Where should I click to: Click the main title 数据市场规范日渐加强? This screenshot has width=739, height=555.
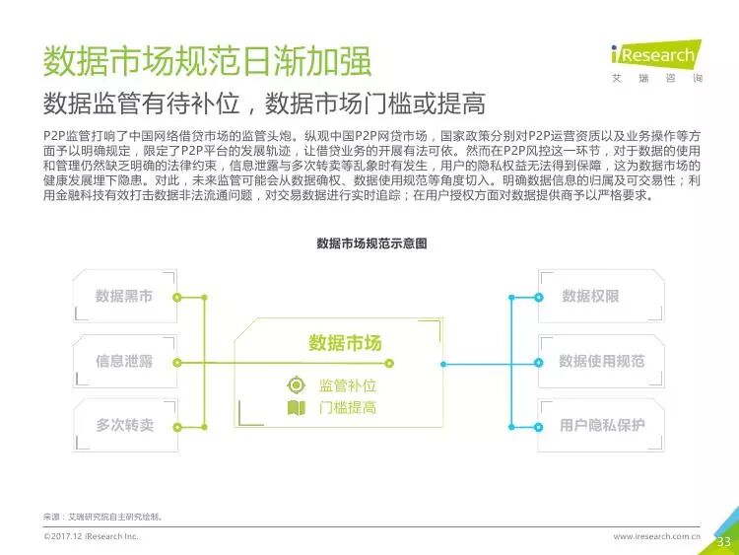[207, 60]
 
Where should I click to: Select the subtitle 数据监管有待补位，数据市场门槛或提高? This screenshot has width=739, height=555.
[264, 104]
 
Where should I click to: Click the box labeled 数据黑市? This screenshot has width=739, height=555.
[123, 296]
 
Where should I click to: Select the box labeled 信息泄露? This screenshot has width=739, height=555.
[123, 361]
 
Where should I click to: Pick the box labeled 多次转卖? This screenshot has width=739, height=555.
[123, 425]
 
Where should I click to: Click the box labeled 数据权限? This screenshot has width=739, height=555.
[590, 296]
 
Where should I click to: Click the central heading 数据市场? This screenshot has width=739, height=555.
[345, 342]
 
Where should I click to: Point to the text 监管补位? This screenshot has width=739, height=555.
[348, 385]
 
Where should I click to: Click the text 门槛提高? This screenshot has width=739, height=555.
[348, 407]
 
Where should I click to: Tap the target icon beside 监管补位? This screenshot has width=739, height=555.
[296, 385]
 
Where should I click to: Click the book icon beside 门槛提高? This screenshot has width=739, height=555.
[296, 407]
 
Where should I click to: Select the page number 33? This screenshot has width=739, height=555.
[723, 541]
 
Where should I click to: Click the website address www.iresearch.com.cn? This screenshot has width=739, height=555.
[656, 536]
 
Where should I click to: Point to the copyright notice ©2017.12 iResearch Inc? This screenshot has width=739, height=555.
[91, 536]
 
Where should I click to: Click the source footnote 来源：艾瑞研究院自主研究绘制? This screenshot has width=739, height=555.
[102, 517]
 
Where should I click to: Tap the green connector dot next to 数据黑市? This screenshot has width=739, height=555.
[176, 296]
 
